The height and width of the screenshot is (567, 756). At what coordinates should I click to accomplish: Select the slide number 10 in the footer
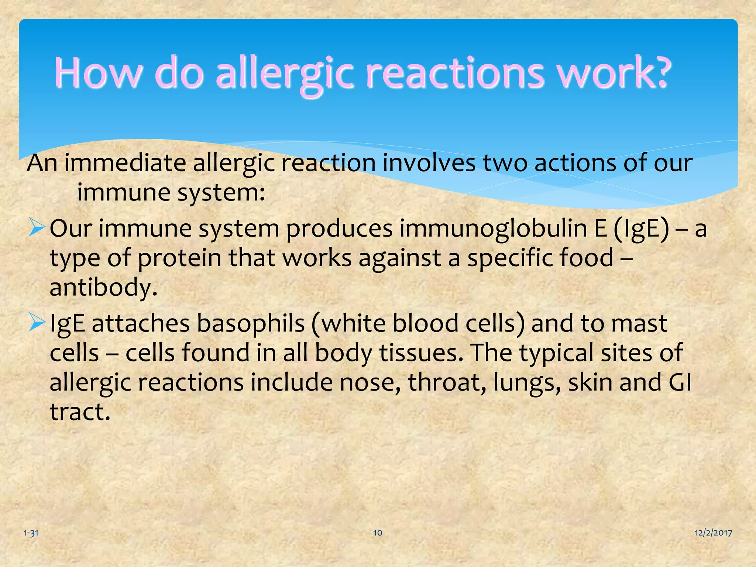[378, 533]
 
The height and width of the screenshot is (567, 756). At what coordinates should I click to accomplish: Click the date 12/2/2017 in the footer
[713, 533]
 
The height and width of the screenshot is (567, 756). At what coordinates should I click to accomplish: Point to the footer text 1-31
[31, 533]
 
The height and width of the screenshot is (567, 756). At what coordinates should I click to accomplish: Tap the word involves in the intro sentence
[429, 163]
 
